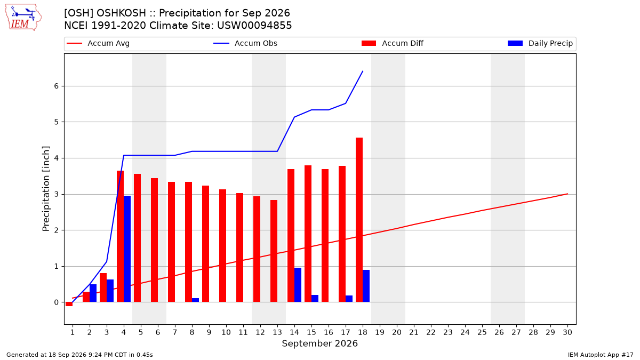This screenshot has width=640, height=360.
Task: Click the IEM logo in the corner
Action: pyautogui.click(x=23, y=18)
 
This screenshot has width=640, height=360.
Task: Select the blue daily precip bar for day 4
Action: pyautogui.click(x=127, y=249)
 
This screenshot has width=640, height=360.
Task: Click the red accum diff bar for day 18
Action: pyautogui.click(x=359, y=220)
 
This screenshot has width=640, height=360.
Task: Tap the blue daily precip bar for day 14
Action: pyautogui.click(x=298, y=285)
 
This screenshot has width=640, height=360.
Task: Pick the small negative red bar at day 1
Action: pyautogui.click(x=69, y=304)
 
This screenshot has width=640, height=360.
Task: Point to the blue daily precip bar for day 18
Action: pyautogui.click(x=366, y=286)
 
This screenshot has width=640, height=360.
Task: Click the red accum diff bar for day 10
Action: pyautogui.click(x=222, y=246)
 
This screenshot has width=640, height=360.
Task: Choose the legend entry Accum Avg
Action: pyautogui.click(x=98, y=43)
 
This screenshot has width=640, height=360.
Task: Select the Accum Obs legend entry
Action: pyautogui.click(x=245, y=43)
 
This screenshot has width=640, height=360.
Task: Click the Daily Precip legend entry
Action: pyautogui.click(x=540, y=43)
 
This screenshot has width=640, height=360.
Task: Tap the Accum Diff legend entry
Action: pyautogui.click(x=393, y=43)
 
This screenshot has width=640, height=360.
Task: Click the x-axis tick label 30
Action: pyautogui.click(x=567, y=332)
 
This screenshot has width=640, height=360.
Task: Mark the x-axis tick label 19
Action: pyautogui.click(x=380, y=332)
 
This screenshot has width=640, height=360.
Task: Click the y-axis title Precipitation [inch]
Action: pyautogui.click(x=46, y=189)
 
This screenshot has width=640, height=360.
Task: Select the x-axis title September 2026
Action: pyautogui.click(x=319, y=343)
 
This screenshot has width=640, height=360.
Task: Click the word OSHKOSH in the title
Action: pyautogui.click(x=121, y=13)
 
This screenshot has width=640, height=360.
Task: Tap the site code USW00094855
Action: pyautogui.click(x=254, y=26)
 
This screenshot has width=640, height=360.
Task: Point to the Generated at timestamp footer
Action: pyautogui.click(x=79, y=355)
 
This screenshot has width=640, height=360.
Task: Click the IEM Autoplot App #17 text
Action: pyautogui.click(x=601, y=355)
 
